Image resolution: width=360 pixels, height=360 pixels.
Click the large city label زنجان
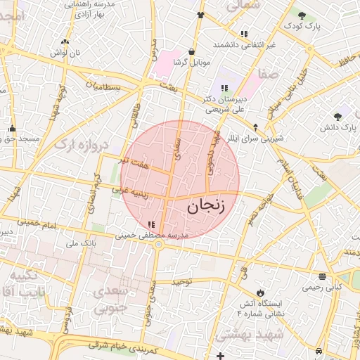click(206, 205)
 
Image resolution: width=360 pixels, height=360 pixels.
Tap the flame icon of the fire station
click(260, 292)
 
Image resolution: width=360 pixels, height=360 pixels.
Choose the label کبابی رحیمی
click(321, 287)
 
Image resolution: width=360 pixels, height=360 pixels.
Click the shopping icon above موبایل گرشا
click(191, 51)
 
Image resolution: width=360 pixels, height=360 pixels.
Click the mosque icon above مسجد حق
click(13, 128)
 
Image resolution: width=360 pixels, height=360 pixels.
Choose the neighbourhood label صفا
click(267, 72)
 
